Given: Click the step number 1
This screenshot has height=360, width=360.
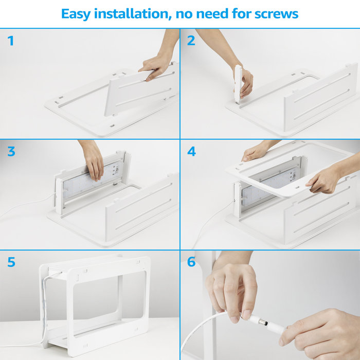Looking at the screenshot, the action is pos(11,41).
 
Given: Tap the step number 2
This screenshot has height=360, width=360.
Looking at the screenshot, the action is pos(191,41).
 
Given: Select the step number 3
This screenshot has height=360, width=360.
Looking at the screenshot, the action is pos(11,152).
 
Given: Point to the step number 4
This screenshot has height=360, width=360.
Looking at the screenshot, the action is pos(191,152).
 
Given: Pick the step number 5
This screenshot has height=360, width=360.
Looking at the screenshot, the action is pos(11,262).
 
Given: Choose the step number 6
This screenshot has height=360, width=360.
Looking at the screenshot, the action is pos(191,262).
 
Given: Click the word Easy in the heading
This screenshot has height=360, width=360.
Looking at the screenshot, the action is pos(76,14).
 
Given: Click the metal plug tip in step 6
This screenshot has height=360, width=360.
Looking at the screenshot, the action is pos(263,322).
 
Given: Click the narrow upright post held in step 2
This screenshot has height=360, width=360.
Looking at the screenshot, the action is pos(238,84).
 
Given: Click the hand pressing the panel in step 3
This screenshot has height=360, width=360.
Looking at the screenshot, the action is pos(93,160).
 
